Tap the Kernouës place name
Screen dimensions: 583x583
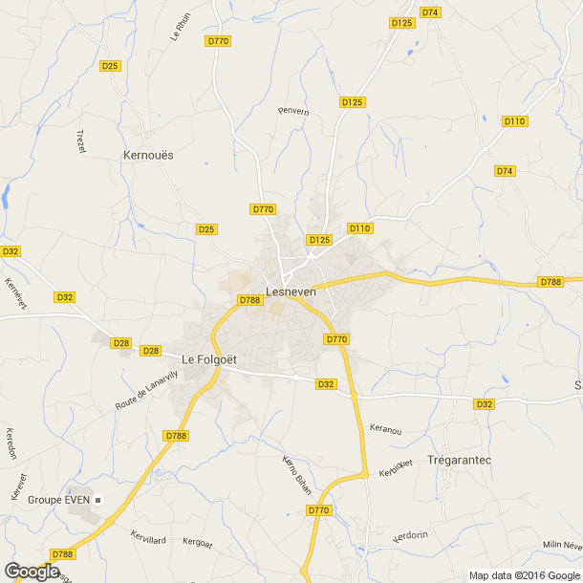click(x=149, y=154)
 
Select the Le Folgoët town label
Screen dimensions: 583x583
click(x=208, y=358)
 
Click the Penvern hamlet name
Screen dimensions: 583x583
click(x=293, y=111)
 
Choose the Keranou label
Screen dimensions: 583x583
click(x=384, y=430)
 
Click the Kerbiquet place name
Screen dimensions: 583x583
click(x=395, y=468)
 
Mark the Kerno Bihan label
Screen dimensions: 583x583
click(x=296, y=475)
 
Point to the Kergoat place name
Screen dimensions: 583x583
click(x=201, y=541)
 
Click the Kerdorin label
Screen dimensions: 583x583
click(x=411, y=537)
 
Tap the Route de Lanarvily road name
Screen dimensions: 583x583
click(x=147, y=391)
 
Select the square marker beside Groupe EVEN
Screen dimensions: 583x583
click(x=108, y=499)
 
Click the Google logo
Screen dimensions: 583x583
click(x=32, y=571)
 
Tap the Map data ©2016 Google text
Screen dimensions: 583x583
click(x=524, y=575)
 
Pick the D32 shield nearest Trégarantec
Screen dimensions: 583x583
click(x=485, y=404)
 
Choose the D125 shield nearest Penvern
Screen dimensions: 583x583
click(x=352, y=101)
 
